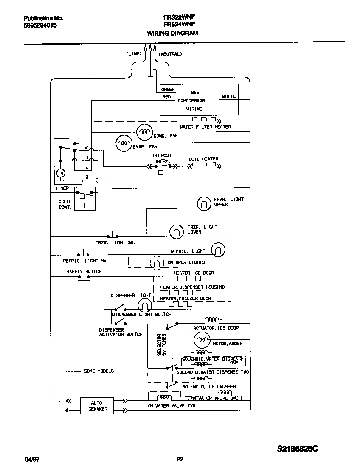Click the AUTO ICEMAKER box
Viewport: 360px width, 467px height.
[96, 406]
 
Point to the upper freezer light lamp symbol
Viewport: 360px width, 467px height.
[204, 204]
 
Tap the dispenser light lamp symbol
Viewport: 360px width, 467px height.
[144, 304]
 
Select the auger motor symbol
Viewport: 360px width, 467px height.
[201, 339]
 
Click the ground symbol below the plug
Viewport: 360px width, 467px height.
[150, 78]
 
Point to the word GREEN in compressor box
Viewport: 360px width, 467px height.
[168, 90]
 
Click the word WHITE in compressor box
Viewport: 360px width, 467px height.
[229, 97]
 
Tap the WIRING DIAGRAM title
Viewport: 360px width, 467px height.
[172, 33]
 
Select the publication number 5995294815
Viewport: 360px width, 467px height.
[40, 25]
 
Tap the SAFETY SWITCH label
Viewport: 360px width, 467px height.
[84, 272]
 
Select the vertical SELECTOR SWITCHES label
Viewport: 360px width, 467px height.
[161, 344]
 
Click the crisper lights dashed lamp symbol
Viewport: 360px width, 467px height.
[155, 263]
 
